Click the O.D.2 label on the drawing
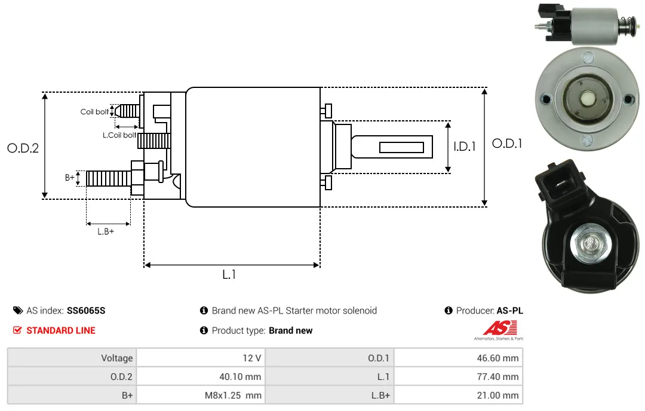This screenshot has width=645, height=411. click(23, 148)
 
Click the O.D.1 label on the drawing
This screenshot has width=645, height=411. click(507, 144)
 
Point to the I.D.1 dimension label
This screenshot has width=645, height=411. click(465, 147)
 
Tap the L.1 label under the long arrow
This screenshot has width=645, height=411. click(229, 275)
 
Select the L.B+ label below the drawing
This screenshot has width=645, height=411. click(106, 232)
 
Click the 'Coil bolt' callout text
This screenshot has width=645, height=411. click(94, 112)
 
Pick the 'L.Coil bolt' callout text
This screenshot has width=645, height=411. click(119, 135)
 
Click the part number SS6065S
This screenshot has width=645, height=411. click(86, 310)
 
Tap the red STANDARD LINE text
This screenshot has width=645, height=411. click(61, 330)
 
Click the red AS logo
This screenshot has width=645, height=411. click(500, 328)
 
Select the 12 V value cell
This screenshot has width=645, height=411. click(201, 358)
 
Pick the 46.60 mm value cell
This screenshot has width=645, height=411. click(459, 358)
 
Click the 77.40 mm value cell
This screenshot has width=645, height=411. click(459, 376)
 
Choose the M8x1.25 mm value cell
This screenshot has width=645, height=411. click(201, 395)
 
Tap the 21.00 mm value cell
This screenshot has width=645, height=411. click(459, 395)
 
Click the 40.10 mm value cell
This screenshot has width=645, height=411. click(201, 376)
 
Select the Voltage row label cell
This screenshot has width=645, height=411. click(72, 358)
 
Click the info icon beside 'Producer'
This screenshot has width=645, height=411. click(449, 310)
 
